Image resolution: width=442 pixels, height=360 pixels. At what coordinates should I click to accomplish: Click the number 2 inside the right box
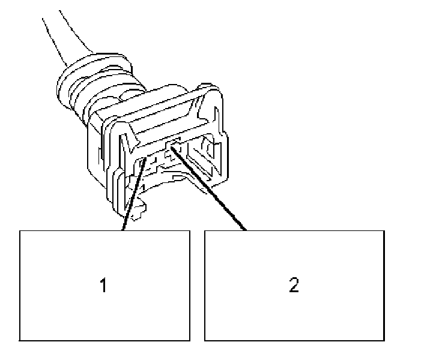click(x=294, y=285)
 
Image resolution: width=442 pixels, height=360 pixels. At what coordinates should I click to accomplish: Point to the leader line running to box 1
click(x=132, y=198)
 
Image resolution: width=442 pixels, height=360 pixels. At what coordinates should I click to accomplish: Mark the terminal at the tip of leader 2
click(x=174, y=144)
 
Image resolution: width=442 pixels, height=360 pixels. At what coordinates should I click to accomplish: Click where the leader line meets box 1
click(x=123, y=230)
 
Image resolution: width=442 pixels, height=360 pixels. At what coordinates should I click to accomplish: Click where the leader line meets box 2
click(x=246, y=230)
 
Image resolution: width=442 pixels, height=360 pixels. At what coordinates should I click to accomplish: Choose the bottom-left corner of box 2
click(x=205, y=340)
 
